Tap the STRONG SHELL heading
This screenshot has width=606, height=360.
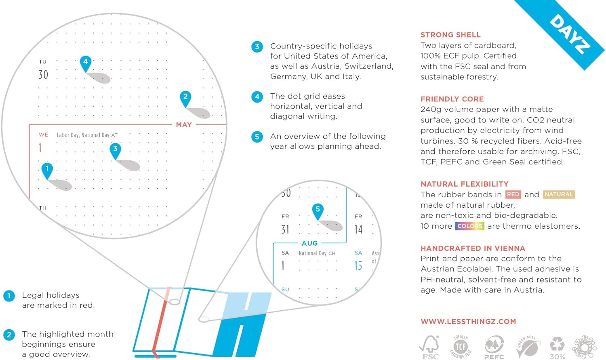(450, 35)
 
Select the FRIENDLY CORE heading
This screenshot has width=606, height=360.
(452, 99)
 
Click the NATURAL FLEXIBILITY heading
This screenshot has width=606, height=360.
(465, 184)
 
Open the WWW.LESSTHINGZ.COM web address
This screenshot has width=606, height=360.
(468, 322)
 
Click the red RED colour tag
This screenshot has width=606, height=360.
(513, 194)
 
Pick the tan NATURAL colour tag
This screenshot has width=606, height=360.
(559, 194)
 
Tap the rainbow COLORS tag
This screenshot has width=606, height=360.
(469, 226)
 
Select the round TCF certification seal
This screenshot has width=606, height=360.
(461, 346)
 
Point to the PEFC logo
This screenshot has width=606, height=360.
(494, 347)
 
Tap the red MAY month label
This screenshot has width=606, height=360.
(184, 125)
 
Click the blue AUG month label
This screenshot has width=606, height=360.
(309, 243)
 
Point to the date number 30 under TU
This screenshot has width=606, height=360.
(43, 75)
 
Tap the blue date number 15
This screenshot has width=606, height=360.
(358, 265)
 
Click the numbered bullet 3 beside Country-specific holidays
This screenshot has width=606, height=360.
(257, 46)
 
